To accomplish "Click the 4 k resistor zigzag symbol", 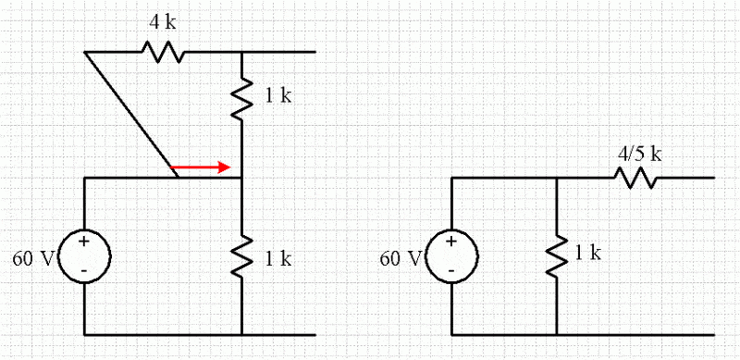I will point(163,52).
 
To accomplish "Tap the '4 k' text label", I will point(164,21).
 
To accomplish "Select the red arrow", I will point(202,168).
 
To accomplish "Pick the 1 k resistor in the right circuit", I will point(557,255).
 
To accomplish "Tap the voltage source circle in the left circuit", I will point(84,255).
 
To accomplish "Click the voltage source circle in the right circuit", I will point(450,255).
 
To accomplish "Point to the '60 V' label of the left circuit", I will point(33,258).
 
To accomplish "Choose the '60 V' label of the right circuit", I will point(401,257).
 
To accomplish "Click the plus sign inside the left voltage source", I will point(84,242).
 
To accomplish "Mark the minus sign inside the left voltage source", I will point(84,271).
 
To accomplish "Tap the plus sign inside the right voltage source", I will point(450,242).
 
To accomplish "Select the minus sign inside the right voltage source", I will point(450,271).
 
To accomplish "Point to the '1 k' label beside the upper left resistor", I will point(278,96).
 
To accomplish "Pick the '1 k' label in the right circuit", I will point(588,253).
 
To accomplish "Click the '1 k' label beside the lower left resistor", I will point(278,259).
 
